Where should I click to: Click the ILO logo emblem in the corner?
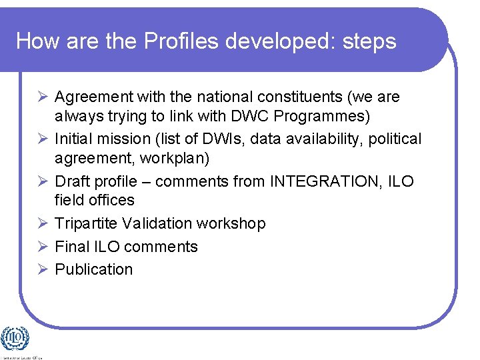tap(15, 339)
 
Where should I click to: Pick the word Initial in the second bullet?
tap(74, 139)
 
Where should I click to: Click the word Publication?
tap(94, 269)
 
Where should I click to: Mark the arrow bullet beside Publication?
tap(43, 269)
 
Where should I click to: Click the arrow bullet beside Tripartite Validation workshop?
tap(43, 223)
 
